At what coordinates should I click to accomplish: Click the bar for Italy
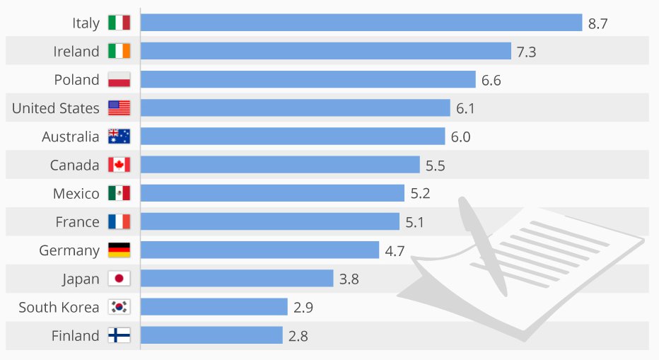pyautogui.click(x=361, y=23)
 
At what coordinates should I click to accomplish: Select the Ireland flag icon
pyautogui.click(x=119, y=51)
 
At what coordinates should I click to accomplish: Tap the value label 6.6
pyautogui.click(x=491, y=80)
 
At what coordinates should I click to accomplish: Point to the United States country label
pyautogui.click(x=56, y=108)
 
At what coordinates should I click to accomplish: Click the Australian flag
pyautogui.click(x=119, y=137)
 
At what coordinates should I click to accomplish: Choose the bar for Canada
pyautogui.click(x=280, y=165)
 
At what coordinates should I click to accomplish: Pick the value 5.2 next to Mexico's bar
pyautogui.click(x=420, y=193)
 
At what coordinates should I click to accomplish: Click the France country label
pyautogui.click(x=77, y=222)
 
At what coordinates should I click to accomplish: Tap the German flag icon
pyautogui.click(x=119, y=250)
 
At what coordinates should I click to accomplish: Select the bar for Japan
pyautogui.click(x=237, y=279)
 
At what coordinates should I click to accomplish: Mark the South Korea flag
pyautogui.click(x=119, y=307)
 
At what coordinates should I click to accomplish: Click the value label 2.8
pyautogui.click(x=298, y=336)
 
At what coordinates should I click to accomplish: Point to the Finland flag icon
pyautogui.click(x=119, y=336)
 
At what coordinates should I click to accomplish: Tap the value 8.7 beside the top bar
pyautogui.click(x=597, y=23)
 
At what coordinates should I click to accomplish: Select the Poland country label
pyautogui.click(x=76, y=80)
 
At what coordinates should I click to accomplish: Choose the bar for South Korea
pyautogui.click(x=214, y=307)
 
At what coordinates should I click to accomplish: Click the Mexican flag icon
pyautogui.click(x=119, y=193)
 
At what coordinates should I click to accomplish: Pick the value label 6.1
pyautogui.click(x=466, y=108)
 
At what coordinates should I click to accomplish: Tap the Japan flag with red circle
pyautogui.click(x=119, y=279)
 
